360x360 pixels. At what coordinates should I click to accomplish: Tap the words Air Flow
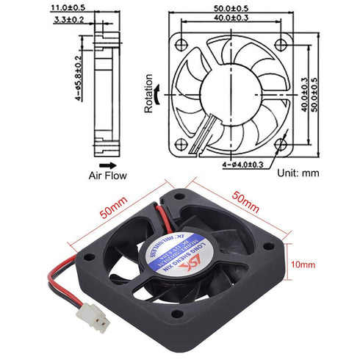(108, 177)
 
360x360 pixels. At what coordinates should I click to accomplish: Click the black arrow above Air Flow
(107, 165)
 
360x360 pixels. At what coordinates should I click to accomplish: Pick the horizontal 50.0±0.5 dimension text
(235, 8)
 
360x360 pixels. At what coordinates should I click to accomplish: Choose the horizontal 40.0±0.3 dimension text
(235, 18)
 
